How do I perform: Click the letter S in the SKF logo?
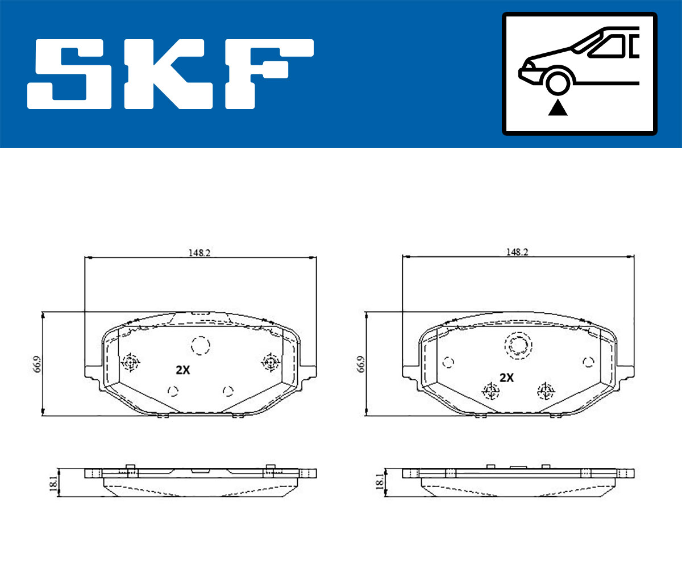pyautogui.click(x=69, y=74)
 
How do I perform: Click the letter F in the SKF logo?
pyautogui.click(x=269, y=74)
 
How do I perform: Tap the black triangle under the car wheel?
pyautogui.click(x=558, y=108)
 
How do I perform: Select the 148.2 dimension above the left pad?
pyautogui.click(x=199, y=253)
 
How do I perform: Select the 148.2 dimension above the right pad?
pyautogui.click(x=517, y=252)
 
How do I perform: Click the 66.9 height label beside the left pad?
pyautogui.click(x=38, y=364)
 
